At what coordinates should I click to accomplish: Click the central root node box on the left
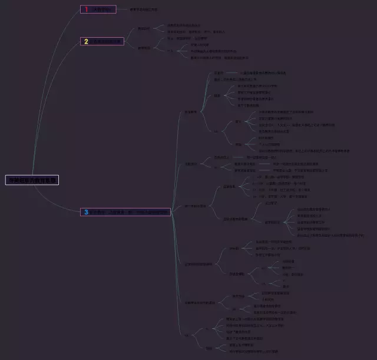point(33,180)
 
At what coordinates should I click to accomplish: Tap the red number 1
point(86,9)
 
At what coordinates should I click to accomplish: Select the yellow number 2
point(86,41)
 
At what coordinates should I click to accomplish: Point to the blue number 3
point(86,212)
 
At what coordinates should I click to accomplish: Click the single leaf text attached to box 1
point(144,9)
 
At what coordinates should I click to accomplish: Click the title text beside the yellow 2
point(107,41)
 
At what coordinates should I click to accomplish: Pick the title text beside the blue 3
point(130,212)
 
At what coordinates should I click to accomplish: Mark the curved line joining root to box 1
point(62,47)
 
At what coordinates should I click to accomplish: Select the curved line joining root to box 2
point(59,88)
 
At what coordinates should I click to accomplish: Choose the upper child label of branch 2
point(144,28)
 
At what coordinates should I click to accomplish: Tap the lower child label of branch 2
point(144,48)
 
